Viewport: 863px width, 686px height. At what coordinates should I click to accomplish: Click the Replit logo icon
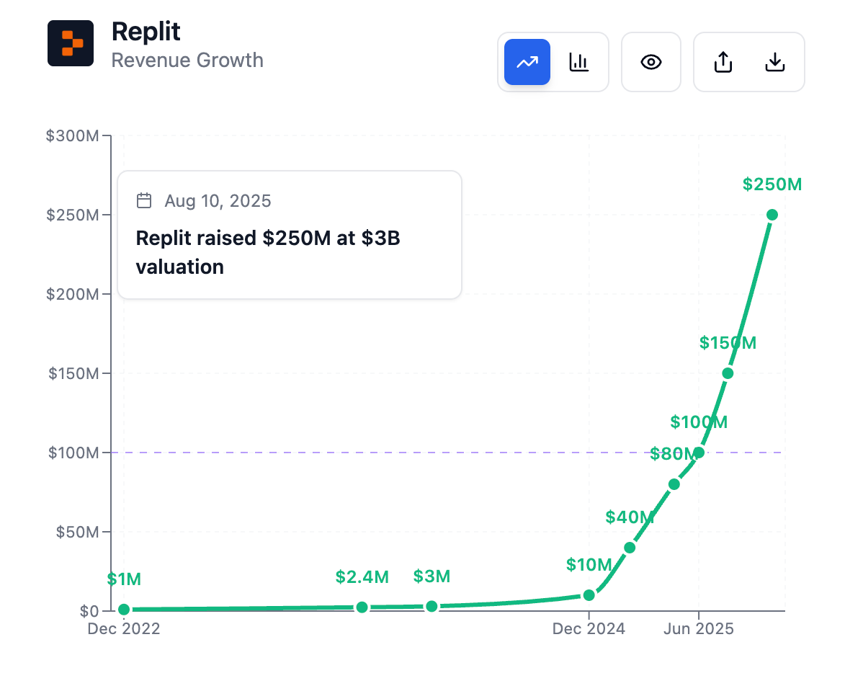(x=71, y=43)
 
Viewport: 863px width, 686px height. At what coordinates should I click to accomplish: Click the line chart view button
(x=527, y=62)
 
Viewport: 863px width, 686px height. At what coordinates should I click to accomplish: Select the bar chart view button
(x=579, y=62)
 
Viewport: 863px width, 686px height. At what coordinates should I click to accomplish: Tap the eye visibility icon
(x=651, y=62)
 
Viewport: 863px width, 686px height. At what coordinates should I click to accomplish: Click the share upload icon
(x=723, y=62)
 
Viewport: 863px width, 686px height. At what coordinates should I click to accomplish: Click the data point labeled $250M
(x=772, y=215)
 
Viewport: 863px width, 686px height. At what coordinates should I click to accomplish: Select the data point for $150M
(x=728, y=373)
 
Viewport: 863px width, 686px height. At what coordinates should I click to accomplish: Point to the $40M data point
(x=630, y=548)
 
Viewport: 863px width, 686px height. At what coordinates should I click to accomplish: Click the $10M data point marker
(x=589, y=595)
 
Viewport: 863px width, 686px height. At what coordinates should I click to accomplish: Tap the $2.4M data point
(x=362, y=607)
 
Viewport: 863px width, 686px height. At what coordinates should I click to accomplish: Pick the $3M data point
(x=431, y=607)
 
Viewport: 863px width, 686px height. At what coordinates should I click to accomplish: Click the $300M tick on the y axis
(x=72, y=136)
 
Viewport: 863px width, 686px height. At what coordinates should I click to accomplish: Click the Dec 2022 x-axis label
(x=124, y=629)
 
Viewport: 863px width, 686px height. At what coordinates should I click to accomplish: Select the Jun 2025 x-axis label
(x=698, y=629)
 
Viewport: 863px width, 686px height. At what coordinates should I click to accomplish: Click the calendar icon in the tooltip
(x=144, y=200)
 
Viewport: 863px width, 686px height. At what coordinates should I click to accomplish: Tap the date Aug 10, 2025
(x=218, y=201)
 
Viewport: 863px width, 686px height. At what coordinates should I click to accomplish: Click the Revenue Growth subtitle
(x=187, y=61)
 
